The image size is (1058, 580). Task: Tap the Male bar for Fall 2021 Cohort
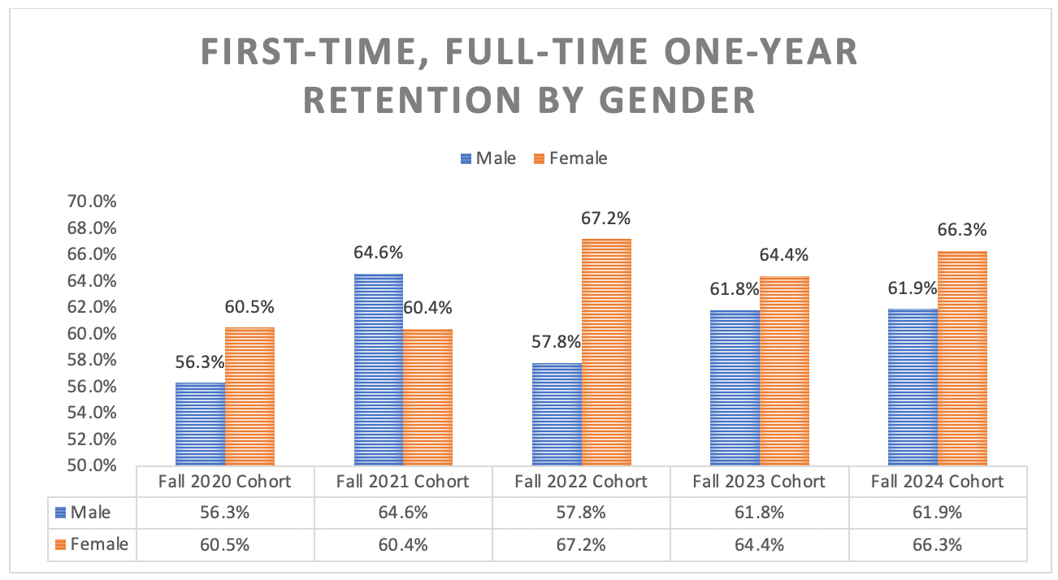(379, 370)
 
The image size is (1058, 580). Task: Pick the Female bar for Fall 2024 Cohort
(962, 358)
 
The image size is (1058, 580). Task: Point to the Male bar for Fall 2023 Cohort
(735, 387)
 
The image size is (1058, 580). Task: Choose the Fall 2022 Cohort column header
(581, 482)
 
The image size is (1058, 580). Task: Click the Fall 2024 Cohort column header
(937, 482)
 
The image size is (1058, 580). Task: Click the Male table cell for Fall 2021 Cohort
(403, 513)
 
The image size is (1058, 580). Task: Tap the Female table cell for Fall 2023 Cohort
(759, 544)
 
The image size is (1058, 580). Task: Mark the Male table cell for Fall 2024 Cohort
(937, 513)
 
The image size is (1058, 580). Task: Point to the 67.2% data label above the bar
(606, 219)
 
